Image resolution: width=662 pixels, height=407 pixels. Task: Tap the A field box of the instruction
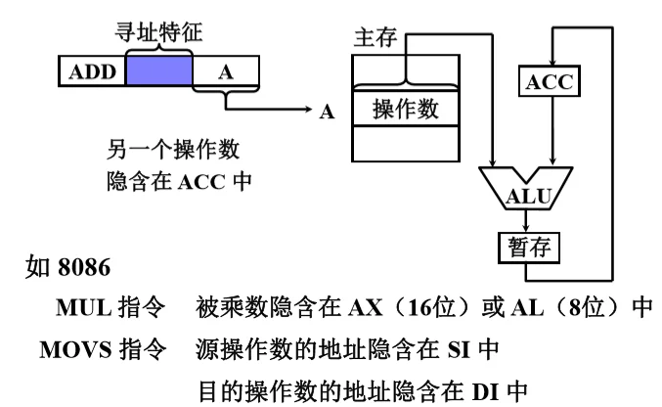(x=225, y=71)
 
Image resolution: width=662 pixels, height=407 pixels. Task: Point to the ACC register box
(x=550, y=81)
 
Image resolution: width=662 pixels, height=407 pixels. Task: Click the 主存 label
(x=373, y=39)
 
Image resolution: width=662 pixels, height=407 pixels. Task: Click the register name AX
(x=363, y=307)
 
